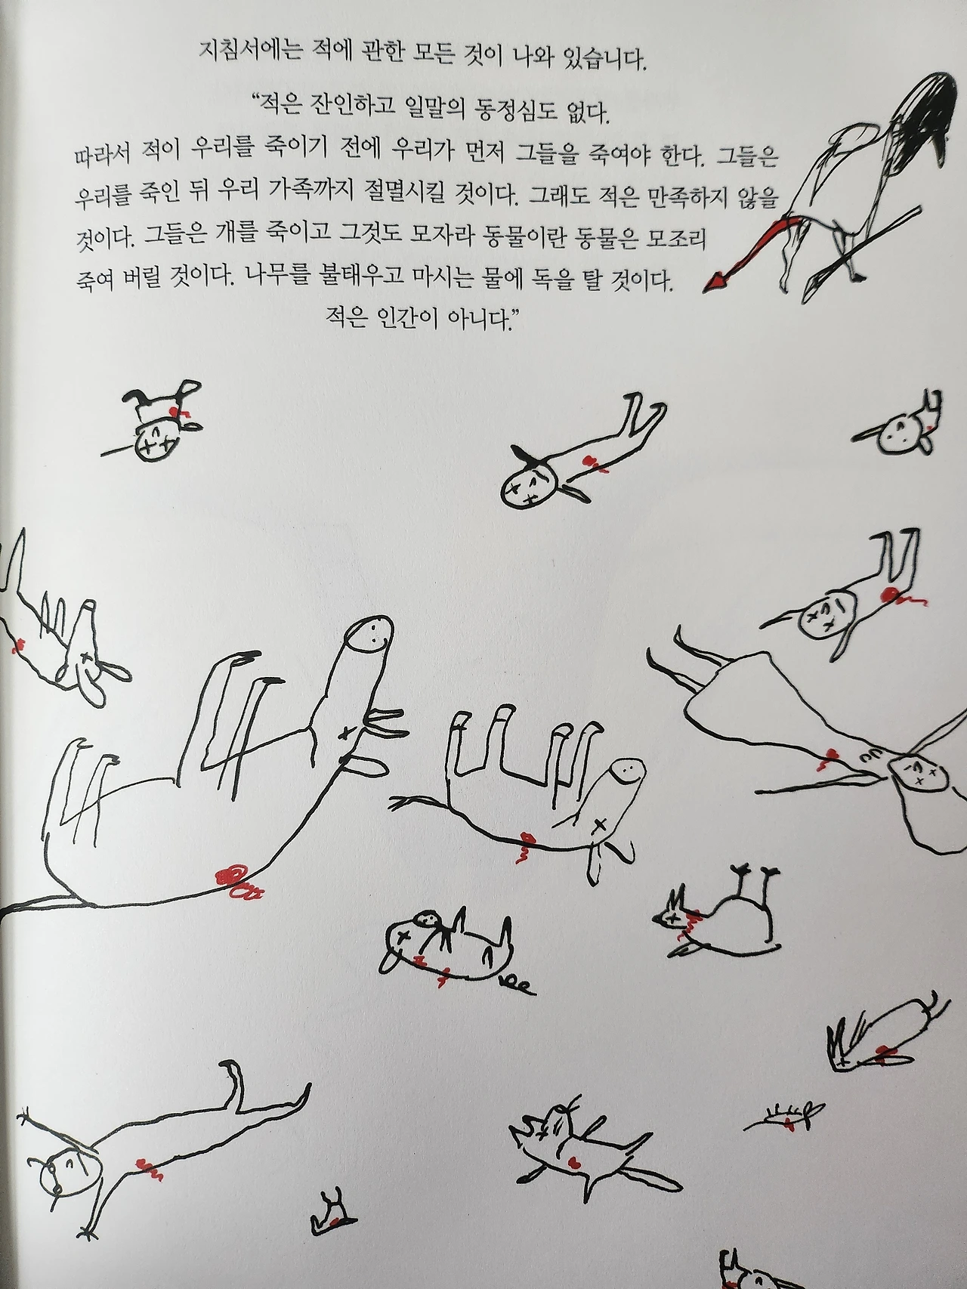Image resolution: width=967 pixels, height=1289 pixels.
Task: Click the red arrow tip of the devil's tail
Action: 715,282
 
